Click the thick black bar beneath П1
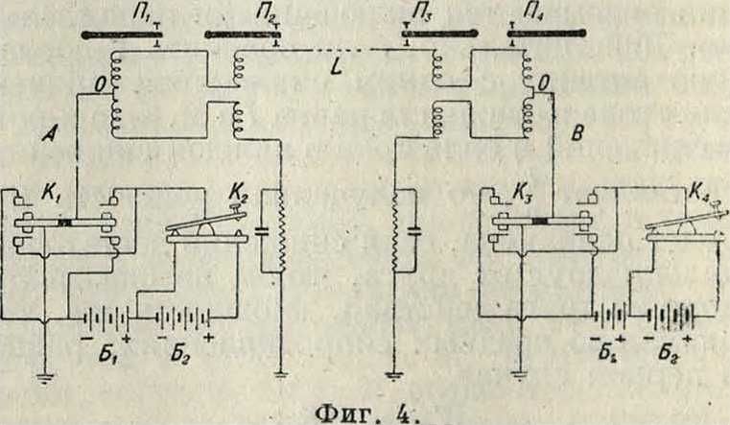click(119, 35)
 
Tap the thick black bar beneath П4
click(547, 35)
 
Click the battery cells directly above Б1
click(102, 316)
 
